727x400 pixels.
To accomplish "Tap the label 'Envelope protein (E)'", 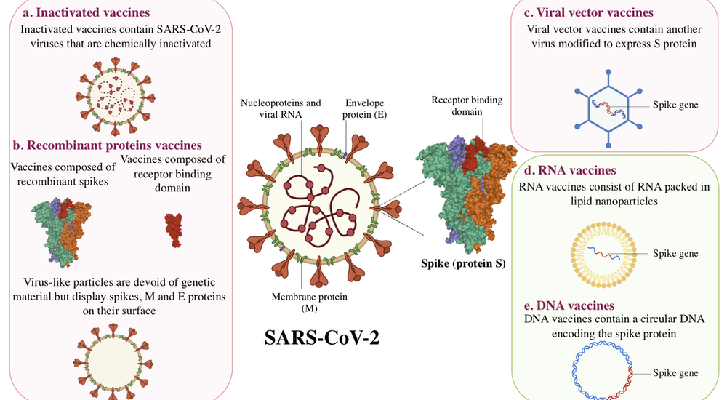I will pos(365,108).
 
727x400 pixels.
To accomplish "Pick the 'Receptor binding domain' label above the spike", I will pos(466,105).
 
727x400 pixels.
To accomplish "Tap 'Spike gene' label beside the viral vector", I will pos(675,105).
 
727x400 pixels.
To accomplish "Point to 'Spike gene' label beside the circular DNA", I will pos(675,373).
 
